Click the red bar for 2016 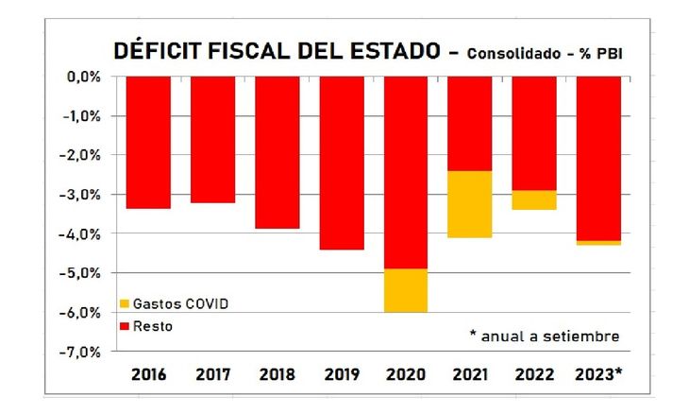148,142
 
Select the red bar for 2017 212,139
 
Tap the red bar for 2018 277,152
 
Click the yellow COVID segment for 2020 406,290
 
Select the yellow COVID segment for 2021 470,204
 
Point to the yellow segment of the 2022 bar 534,199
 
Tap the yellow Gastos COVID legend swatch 124,304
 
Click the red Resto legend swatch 124,326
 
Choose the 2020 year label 406,374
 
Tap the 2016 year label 148,374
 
